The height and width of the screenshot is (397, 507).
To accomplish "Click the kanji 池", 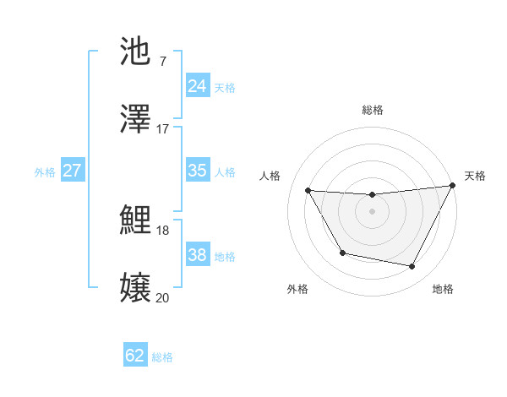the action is pyautogui.click(x=136, y=52).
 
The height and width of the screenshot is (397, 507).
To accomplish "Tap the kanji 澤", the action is pyautogui.click(x=136, y=120).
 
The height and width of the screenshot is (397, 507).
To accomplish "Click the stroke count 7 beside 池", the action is pyautogui.click(x=162, y=61).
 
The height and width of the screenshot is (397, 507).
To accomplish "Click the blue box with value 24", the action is pyautogui.click(x=197, y=86).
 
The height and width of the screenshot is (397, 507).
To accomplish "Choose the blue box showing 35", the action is pyautogui.click(x=197, y=171).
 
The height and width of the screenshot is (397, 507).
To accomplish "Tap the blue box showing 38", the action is pyautogui.click(x=197, y=255).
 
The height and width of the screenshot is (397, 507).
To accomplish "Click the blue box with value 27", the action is pyautogui.click(x=72, y=171).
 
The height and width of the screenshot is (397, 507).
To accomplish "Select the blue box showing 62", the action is pyautogui.click(x=135, y=356).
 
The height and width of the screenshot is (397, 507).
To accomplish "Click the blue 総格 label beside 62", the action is pyautogui.click(x=162, y=357).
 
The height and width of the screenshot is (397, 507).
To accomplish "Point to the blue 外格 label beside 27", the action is pyautogui.click(x=45, y=172).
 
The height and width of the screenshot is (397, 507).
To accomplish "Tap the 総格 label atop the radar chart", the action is pyautogui.click(x=372, y=110).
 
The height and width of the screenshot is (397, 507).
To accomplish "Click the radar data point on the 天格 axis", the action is pyautogui.click(x=452, y=186).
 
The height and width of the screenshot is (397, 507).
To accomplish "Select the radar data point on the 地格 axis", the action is pyautogui.click(x=412, y=267).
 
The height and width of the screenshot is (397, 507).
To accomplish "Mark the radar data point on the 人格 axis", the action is pyautogui.click(x=308, y=190).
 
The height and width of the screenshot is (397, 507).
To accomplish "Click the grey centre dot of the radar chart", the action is pyautogui.click(x=372, y=211).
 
